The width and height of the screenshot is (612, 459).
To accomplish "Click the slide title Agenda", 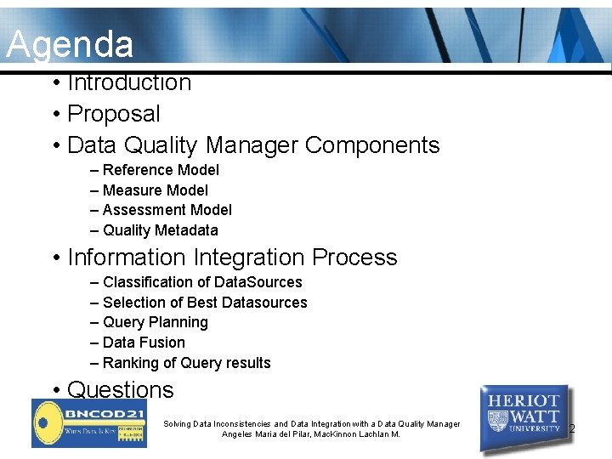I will (70, 44).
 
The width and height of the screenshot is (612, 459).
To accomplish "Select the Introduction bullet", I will (128, 82).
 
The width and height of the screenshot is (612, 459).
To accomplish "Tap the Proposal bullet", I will (113, 114).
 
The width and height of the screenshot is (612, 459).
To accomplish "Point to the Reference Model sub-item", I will (161, 170).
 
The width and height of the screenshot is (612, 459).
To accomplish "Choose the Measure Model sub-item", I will (155, 190).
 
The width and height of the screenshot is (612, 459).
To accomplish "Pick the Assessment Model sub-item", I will (167, 210).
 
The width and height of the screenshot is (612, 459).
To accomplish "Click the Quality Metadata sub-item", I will (160, 230).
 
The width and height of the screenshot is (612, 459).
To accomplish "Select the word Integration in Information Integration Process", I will (250, 258).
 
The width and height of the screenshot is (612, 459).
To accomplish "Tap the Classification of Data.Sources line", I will (202, 282).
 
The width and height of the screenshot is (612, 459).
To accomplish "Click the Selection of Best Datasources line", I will (205, 303).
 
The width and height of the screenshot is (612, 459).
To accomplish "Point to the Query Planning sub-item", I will (155, 322).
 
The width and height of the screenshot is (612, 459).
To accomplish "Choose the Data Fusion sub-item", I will (143, 343).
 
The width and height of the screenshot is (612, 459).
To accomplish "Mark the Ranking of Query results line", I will (186, 363).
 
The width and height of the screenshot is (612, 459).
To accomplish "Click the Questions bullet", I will (120, 390).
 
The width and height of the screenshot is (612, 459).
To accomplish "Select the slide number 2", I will (572, 429).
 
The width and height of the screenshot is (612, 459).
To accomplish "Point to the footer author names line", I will (310, 434).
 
